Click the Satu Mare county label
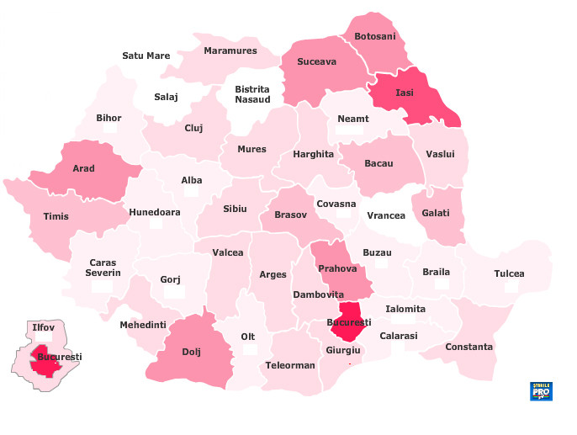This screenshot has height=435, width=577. pyautogui.click(x=146, y=56)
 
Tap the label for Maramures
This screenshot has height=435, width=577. pyautogui.click(x=230, y=50)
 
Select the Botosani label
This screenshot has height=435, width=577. pyautogui.click(x=374, y=36)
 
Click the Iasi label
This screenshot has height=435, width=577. pyautogui.click(x=405, y=92)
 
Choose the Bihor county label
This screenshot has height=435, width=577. pyautogui.click(x=109, y=118)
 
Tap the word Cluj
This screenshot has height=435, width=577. pyautogui.click(x=193, y=128)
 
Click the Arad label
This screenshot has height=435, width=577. pyautogui.click(x=83, y=168)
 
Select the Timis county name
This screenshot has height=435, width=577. pyautogui.click(x=56, y=216)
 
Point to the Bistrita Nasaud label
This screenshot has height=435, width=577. pyautogui.click(x=252, y=94)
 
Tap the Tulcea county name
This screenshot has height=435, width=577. pyautogui.click(x=509, y=273)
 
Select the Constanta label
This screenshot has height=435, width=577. pyautogui.click(x=469, y=347)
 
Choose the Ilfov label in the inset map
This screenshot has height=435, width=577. pyautogui.click(x=42, y=326)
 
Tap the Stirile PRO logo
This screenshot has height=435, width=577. pyautogui.click(x=541, y=390)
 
